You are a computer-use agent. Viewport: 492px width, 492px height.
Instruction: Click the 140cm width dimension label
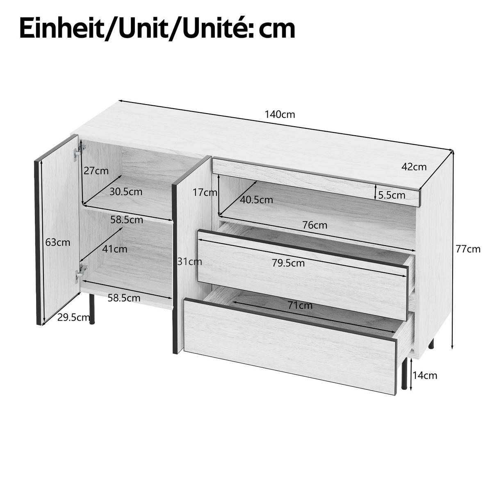click(x=280, y=114)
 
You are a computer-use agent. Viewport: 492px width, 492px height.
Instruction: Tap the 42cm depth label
click(x=414, y=167)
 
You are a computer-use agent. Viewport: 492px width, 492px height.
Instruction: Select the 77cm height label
click(x=468, y=248)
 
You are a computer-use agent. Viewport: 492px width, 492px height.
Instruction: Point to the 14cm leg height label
click(x=425, y=375)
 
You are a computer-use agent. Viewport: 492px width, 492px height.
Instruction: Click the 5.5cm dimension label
click(x=392, y=195)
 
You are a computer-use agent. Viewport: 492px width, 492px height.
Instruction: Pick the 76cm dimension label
click(x=315, y=225)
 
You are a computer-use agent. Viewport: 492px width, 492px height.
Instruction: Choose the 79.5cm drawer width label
click(x=288, y=263)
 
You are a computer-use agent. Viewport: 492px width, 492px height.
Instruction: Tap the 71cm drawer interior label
click(x=300, y=305)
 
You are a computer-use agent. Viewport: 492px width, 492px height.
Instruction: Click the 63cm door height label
click(x=58, y=242)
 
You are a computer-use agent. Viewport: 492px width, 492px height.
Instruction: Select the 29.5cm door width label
click(x=74, y=317)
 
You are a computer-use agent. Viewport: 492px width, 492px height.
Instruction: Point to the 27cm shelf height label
click(x=96, y=171)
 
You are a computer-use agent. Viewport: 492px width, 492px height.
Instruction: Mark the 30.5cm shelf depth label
click(x=126, y=191)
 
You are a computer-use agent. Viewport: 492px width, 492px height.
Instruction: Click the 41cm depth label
click(x=115, y=249)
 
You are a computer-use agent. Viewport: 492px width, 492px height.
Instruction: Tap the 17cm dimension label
click(x=205, y=192)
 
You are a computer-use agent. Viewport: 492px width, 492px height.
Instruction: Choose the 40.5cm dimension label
click(x=257, y=200)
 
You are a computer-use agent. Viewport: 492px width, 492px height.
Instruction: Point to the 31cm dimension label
click(x=189, y=261)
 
